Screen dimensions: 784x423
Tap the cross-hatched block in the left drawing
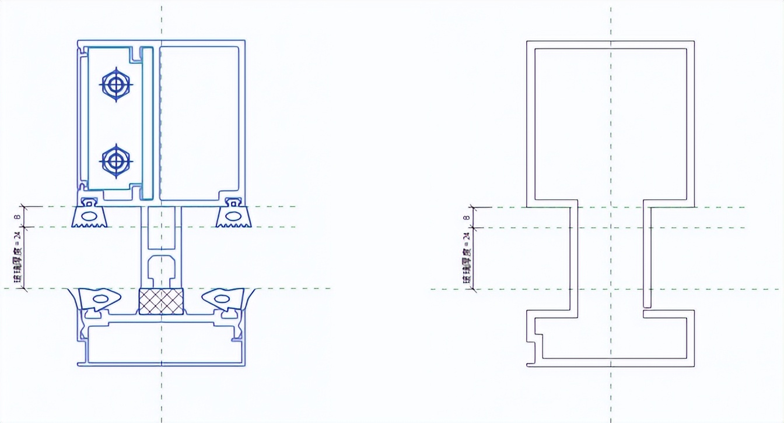[x=160, y=301]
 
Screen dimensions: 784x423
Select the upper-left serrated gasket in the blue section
[x=89, y=214]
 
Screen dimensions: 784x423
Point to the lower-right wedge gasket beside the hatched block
[x=222, y=298]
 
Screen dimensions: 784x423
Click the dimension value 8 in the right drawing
[x=466, y=217]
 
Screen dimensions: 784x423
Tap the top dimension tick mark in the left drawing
[x=24, y=206]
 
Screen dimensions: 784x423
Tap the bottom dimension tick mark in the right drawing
[x=473, y=289]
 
